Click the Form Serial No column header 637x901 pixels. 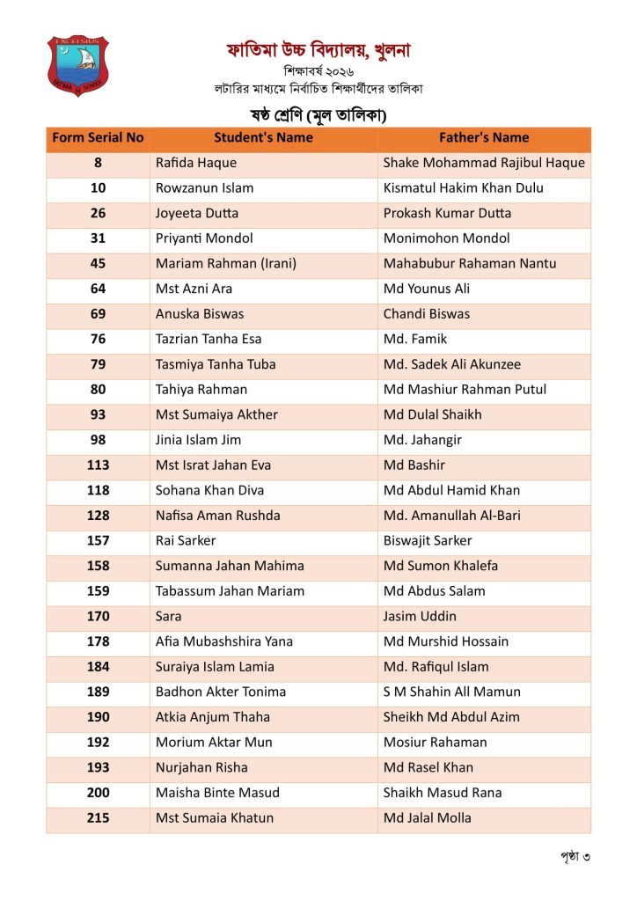(x=98, y=138)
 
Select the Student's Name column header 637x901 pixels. (x=263, y=138)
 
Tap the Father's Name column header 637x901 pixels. (x=484, y=138)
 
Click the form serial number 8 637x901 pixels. (x=98, y=163)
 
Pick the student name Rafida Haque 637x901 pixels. (x=196, y=163)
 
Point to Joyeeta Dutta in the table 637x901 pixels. (x=197, y=213)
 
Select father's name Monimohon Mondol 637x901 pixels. (x=446, y=238)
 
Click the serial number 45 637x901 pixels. (x=98, y=263)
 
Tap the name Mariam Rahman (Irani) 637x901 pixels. (x=226, y=263)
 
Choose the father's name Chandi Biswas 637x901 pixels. (x=427, y=314)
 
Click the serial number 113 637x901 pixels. (x=98, y=465)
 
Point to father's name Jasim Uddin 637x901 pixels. (x=420, y=617)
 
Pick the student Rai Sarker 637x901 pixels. (x=186, y=541)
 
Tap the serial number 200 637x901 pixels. (x=98, y=793)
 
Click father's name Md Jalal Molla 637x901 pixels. (x=428, y=818)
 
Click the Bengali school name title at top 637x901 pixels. (x=318, y=50)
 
